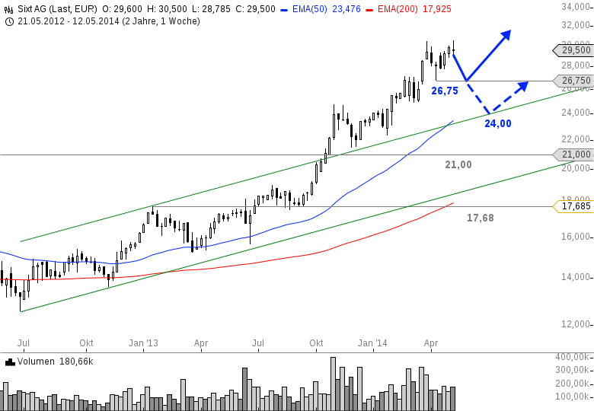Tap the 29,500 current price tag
pyautogui.click(x=576, y=50)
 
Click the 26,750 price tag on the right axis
pyautogui.click(x=576, y=81)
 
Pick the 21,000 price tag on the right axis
pyautogui.click(x=576, y=155)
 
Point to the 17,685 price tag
pyautogui.click(x=576, y=206)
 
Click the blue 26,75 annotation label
pyautogui.click(x=445, y=91)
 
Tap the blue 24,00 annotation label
pyautogui.click(x=498, y=123)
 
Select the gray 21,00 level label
pyautogui.click(x=458, y=164)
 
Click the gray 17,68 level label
pyautogui.click(x=481, y=218)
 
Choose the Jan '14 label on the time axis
pyautogui.click(x=372, y=343)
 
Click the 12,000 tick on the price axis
pyautogui.click(x=576, y=324)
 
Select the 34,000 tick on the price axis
pyautogui.click(x=576, y=8)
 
